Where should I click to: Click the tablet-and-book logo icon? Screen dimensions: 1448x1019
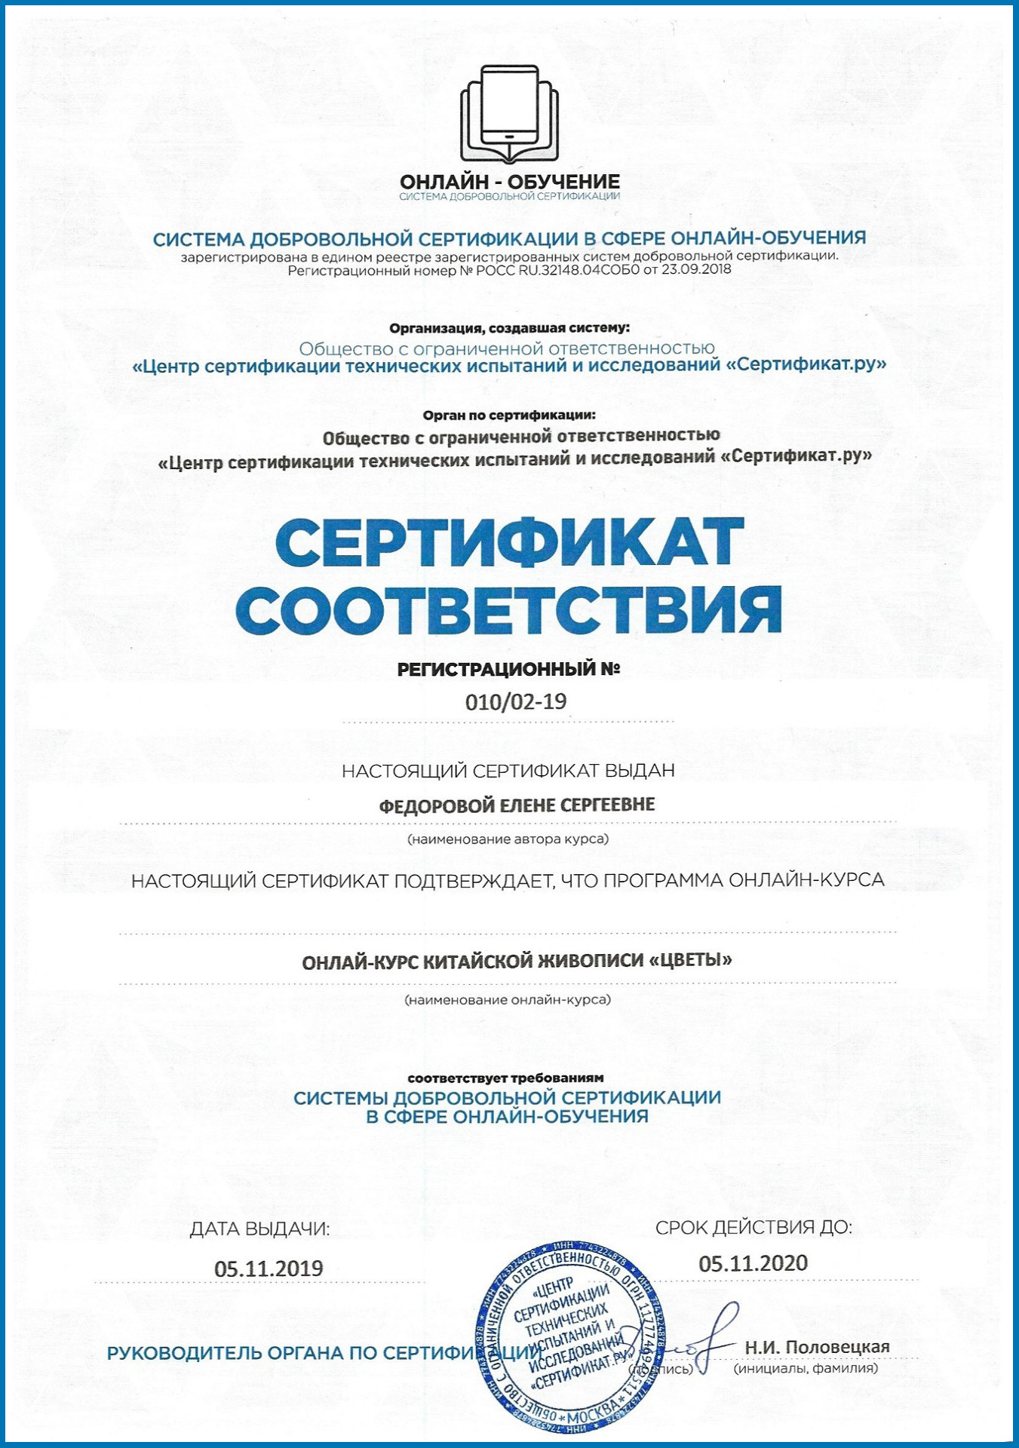pyautogui.click(x=510, y=113)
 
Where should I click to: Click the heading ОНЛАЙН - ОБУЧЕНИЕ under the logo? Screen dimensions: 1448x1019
pyautogui.click(x=510, y=182)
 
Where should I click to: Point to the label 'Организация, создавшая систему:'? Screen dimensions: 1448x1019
pyautogui.click(x=509, y=328)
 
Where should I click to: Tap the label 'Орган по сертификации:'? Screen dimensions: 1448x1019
pyautogui.click(x=509, y=415)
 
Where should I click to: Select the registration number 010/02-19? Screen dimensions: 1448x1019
pyautogui.click(x=516, y=701)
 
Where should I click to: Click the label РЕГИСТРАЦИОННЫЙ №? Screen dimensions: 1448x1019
pyautogui.click(x=508, y=669)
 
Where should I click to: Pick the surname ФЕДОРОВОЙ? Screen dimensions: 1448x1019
pyautogui.click(x=437, y=805)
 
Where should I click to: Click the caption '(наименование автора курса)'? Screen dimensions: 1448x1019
pyautogui.click(x=508, y=839)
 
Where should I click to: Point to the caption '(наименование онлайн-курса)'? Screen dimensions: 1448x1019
pyautogui.click(x=508, y=1000)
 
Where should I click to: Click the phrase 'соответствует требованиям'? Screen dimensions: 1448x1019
pyautogui.click(x=505, y=1078)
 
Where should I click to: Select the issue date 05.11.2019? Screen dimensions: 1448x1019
pyautogui.click(x=269, y=1269)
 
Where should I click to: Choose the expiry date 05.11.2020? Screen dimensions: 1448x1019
pyautogui.click(x=753, y=1263)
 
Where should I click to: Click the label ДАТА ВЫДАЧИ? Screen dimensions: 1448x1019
pyautogui.click(x=259, y=1229)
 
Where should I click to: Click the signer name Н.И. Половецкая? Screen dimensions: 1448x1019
pyautogui.click(x=817, y=1347)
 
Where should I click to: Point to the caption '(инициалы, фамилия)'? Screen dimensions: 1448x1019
pyautogui.click(x=806, y=1368)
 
